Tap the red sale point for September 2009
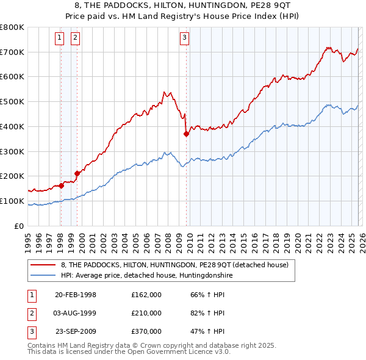(x=186, y=134)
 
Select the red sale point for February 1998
(x=61, y=185)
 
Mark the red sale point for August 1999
(x=77, y=173)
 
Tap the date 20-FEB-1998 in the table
(x=76, y=295)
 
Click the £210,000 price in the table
(x=146, y=313)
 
